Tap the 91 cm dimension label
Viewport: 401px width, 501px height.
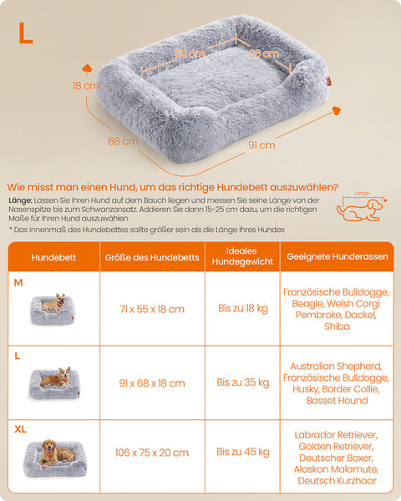coord(261,144)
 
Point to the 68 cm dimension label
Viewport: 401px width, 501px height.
coord(123,141)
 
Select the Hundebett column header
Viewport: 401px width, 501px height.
coord(53,257)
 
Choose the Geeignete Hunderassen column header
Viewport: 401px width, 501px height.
coord(337,257)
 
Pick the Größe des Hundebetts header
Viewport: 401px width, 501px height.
coord(152,257)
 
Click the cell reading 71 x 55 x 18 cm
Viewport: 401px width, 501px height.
coord(152,309)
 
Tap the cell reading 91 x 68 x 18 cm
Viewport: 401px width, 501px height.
coord(152,382)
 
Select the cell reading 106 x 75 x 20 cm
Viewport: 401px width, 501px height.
coord(152,452)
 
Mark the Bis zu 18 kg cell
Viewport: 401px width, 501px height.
coord(242,309)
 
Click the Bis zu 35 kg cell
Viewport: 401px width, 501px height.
coord(242,382)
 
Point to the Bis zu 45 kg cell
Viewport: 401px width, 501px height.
coord(242,452)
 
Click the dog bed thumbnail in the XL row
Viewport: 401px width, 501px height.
coord(55,455)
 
